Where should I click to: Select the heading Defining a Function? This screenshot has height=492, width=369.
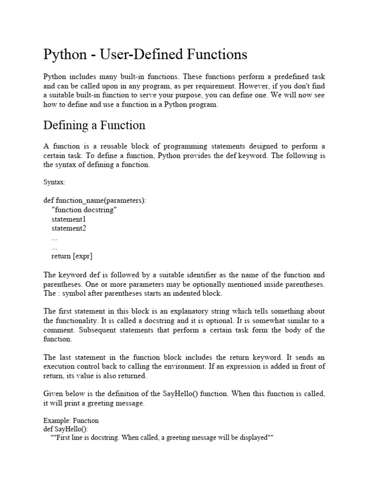click(94, 125)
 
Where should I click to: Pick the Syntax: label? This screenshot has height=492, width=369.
click(54, 183)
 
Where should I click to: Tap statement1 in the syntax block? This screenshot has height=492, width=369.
click(69, 219)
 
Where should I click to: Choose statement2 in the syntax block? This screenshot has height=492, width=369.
click(69, 228)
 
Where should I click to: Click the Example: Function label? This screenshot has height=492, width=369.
click(71, 420)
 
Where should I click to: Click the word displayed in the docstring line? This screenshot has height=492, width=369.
click(253, 438)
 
